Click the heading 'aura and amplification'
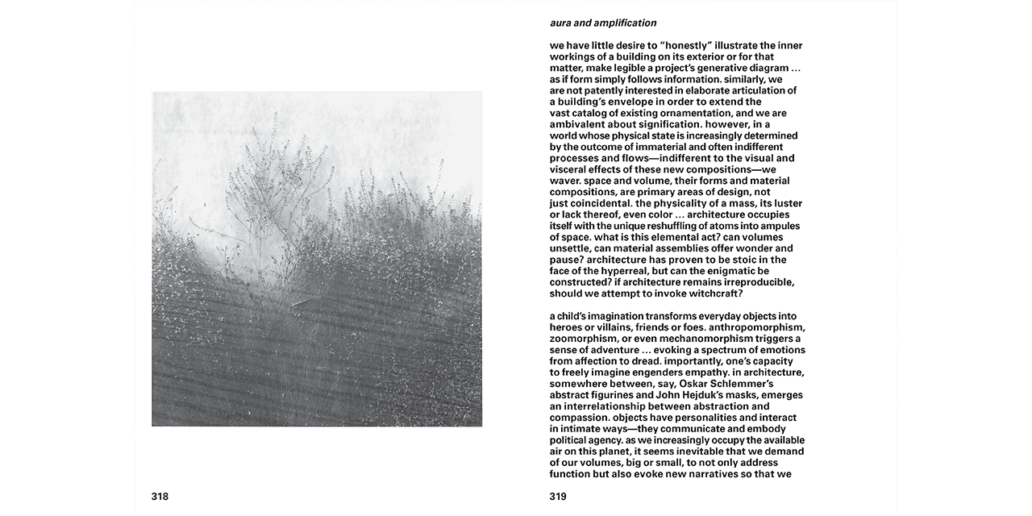pos(603,23)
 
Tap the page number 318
pos(160,497)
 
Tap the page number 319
pos(558,497)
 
